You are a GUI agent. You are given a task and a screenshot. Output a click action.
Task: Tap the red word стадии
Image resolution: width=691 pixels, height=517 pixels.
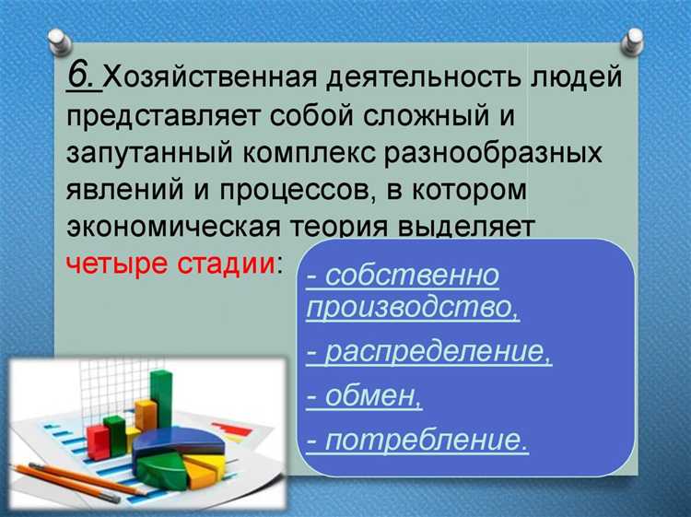click(x=222, y=264)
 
